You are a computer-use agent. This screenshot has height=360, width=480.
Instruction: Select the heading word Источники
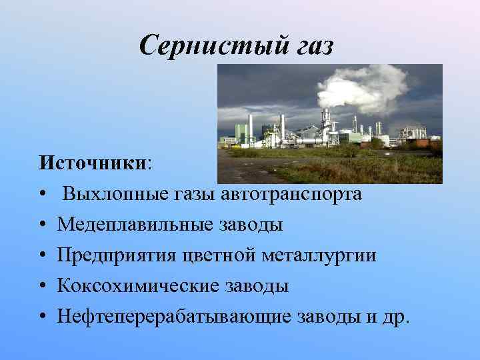coord(93,163)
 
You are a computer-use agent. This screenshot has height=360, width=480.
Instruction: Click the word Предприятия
coord(117,255)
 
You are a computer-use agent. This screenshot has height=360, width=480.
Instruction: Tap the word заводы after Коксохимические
coord(257,286)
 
